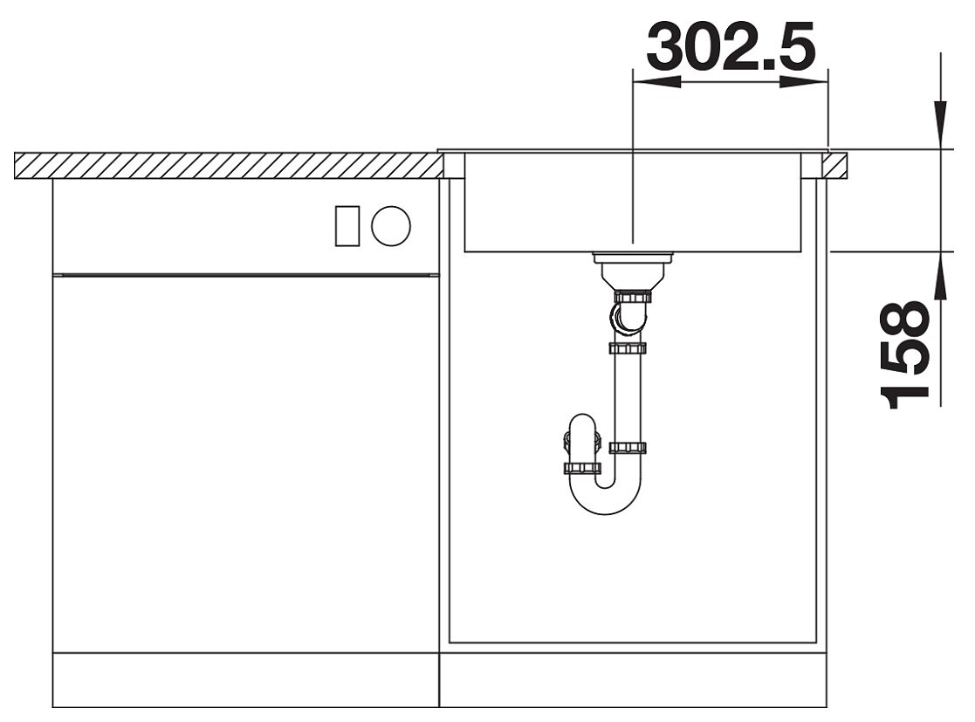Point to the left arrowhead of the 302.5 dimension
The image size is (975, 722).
[x=656, y=82]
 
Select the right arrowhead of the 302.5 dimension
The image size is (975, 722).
[x=804, y=82]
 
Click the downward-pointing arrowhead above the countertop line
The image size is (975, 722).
[x=942, y=125]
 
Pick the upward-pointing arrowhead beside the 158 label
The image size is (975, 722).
[x=942, y=276]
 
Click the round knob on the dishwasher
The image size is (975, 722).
[x=391, y=225]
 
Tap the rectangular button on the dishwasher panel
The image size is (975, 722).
[x=347, y=225]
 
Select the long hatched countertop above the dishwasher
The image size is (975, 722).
[x=229, y=165]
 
